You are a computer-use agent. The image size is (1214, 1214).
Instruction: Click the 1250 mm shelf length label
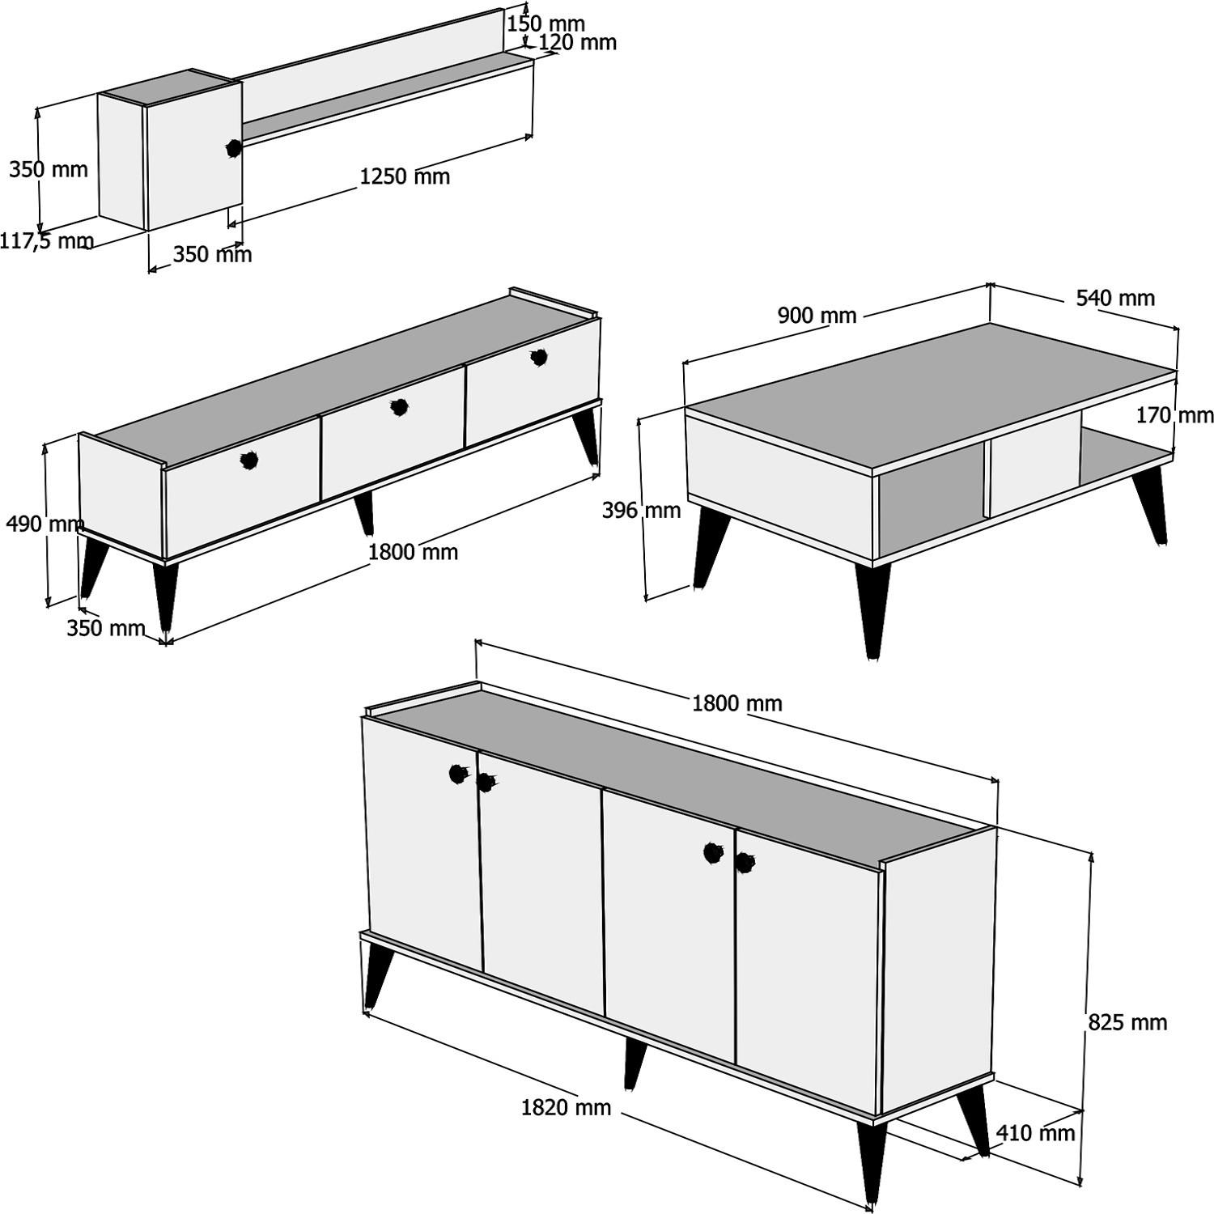[405, 176]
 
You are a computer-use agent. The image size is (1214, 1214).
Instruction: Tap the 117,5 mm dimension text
[46, 240]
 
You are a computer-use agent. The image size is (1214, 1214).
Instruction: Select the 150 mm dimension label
[545, 23]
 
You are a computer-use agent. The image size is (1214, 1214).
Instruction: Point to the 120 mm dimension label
[577, 42]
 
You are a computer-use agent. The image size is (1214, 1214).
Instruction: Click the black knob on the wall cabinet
[234, 148]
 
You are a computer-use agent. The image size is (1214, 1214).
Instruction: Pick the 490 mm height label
[45, 524]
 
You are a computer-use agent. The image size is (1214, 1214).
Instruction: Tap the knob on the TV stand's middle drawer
[398, 407]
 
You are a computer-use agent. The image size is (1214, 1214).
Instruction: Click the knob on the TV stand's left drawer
[249, 461]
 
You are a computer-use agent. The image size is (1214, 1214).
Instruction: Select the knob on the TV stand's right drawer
[539, 357]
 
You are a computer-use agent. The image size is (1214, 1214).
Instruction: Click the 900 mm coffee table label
[817, 315]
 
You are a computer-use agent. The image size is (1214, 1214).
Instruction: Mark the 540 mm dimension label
[1114, 298]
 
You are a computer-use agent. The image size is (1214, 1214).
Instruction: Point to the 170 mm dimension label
[1174, 415]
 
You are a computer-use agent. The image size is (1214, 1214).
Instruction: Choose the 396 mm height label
[641, 510]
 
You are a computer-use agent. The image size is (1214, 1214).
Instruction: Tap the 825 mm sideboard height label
[1127, 1022]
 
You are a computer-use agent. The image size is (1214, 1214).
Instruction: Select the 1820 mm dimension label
[566, 1107]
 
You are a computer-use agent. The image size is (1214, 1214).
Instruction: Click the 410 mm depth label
[1035, 1133]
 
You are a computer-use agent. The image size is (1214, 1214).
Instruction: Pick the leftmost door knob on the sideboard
[458, 774]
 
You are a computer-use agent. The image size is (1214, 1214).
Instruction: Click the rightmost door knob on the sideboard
[744, 863]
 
